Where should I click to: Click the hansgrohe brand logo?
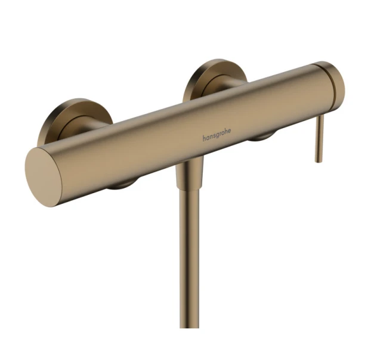[217, 135]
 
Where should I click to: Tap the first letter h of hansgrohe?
[204, 138]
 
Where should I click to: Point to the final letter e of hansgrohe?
[230, 131]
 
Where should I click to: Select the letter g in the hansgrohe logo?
[217, 135]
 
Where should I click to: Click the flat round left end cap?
[44, 177]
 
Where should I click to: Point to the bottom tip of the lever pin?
[319, 162]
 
